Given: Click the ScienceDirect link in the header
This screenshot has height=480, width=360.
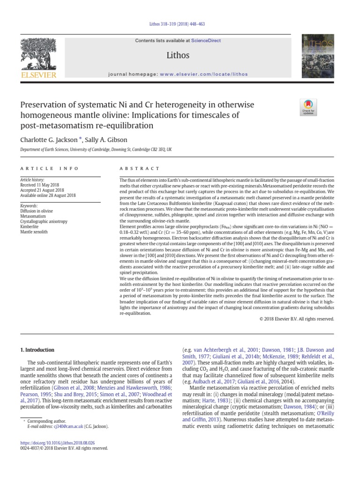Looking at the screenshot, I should tap(205, 41).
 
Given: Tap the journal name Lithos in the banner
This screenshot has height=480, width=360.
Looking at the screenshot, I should tap(178, 55).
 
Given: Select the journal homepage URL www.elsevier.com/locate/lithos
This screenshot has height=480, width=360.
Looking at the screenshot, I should tap(203, 75).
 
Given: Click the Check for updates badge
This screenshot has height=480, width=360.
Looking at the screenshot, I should tap(307, 107).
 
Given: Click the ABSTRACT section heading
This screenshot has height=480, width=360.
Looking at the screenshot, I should tap(140, 168).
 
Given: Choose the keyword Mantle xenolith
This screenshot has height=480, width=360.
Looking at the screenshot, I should tap(34, 232).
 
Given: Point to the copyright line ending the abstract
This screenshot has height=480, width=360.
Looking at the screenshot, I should tap(296, 319).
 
